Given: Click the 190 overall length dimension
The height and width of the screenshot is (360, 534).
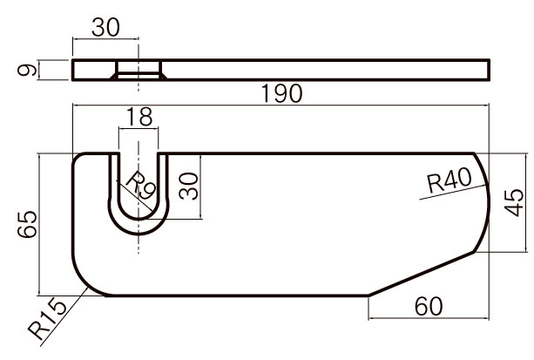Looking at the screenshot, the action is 281,93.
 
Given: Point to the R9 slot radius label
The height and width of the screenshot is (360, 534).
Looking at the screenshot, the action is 141,186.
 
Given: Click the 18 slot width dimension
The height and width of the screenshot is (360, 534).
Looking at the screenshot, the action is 139,116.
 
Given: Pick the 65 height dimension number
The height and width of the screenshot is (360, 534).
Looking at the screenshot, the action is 27,224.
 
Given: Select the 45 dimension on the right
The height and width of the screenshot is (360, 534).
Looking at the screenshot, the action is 514,202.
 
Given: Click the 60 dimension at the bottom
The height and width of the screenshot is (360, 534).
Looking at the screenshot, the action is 429,306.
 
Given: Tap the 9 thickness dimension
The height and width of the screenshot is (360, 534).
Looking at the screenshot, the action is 27,71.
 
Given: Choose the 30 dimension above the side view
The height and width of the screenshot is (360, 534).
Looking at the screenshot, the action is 105,27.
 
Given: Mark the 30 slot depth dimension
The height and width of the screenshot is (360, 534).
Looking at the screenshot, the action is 189,187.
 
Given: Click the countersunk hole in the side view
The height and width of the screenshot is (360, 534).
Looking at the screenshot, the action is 139,70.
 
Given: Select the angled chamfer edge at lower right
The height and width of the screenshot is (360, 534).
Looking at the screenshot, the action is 422,274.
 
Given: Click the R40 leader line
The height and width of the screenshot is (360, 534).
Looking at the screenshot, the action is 453,192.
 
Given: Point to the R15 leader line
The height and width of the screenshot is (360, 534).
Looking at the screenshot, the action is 64,317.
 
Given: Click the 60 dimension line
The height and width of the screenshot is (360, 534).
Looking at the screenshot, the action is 429,318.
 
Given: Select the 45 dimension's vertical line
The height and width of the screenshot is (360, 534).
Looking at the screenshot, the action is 527,203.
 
